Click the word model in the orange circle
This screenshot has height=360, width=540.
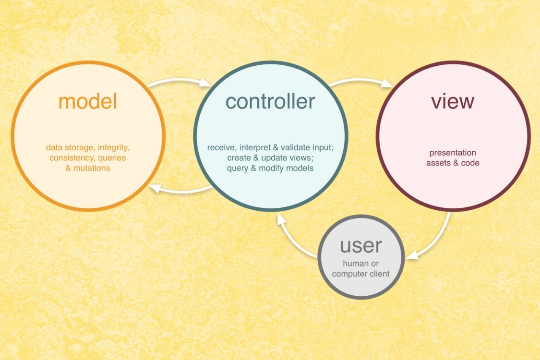(x=88, y=101)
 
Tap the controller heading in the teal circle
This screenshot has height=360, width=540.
(x=270, y=101)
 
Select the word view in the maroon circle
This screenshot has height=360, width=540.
(x=453, y=101)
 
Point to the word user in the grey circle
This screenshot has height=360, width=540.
(x=360, y=246)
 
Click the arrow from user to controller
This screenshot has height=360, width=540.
(x=294, y=238)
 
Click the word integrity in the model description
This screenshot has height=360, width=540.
(x=113, y=148)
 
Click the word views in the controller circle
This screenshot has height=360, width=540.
(x=302, y=158)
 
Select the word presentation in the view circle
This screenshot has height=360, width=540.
(x=453, y=153)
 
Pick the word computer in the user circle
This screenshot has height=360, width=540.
(x=348, y=274)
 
